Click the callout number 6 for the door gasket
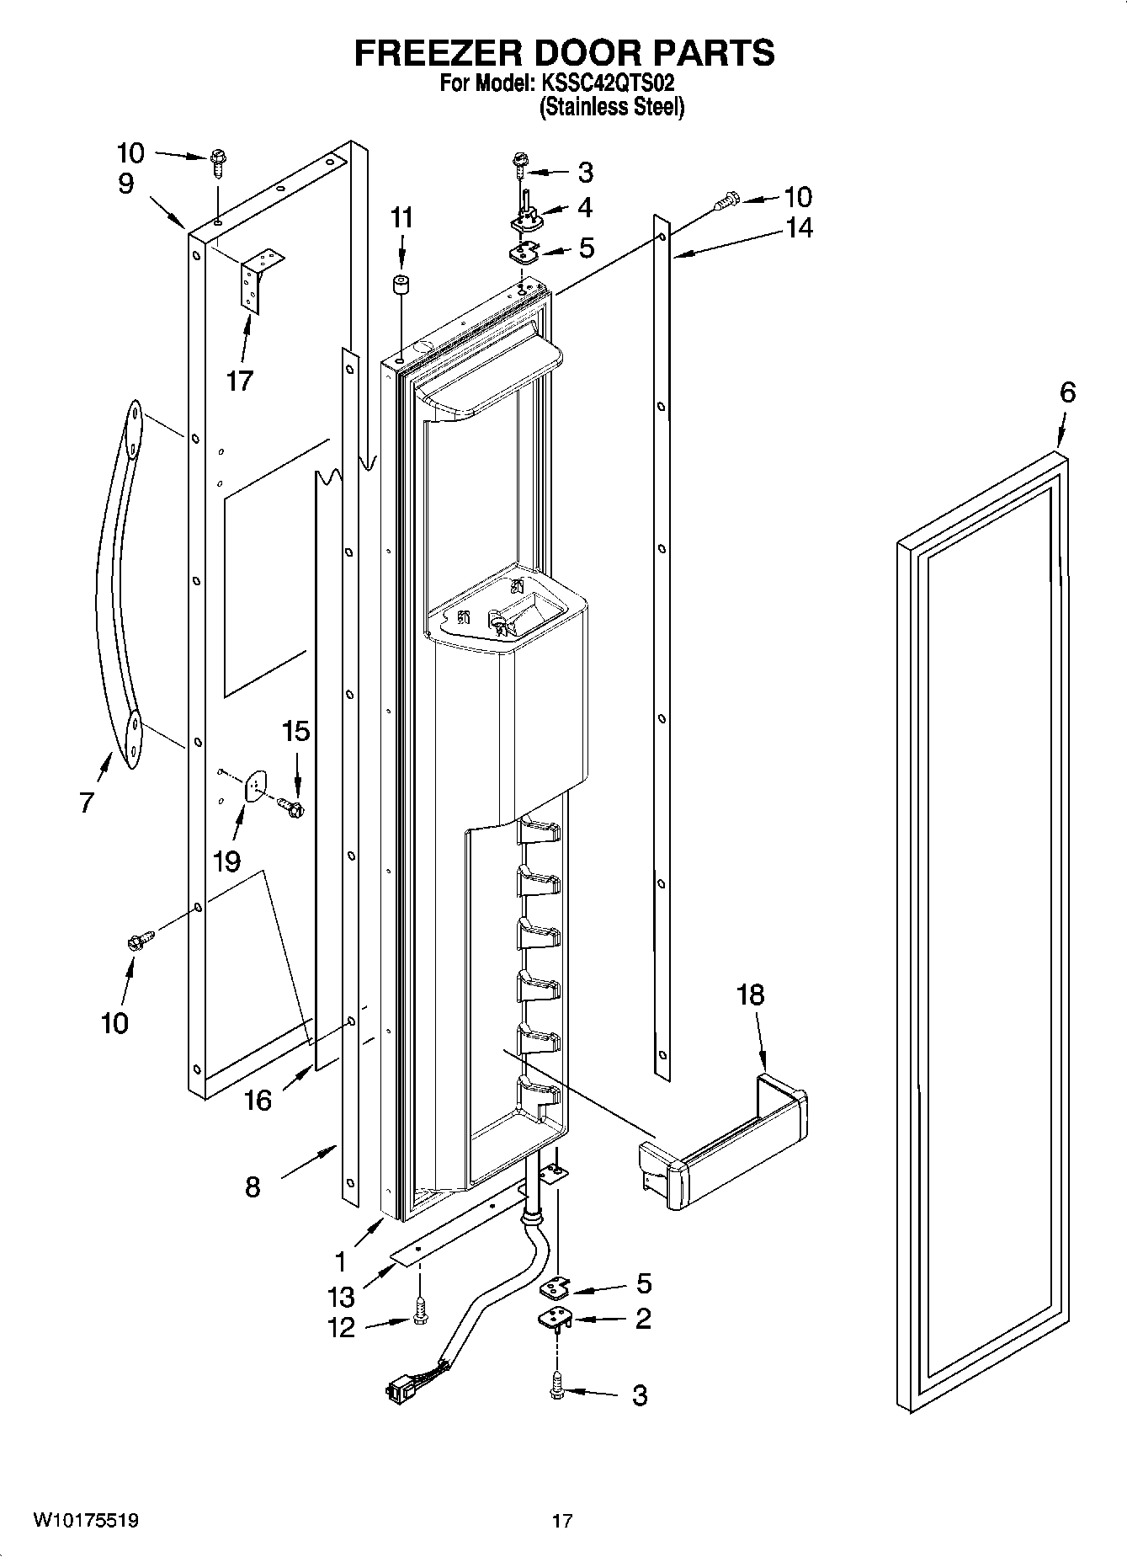1067,392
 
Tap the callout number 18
750,995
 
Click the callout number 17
239,381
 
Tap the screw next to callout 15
292,808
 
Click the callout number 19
226,861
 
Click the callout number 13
342,1296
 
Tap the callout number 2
642,1319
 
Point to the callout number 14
800,228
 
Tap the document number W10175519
86,1521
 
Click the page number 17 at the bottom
562,1521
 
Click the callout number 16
258,1100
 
